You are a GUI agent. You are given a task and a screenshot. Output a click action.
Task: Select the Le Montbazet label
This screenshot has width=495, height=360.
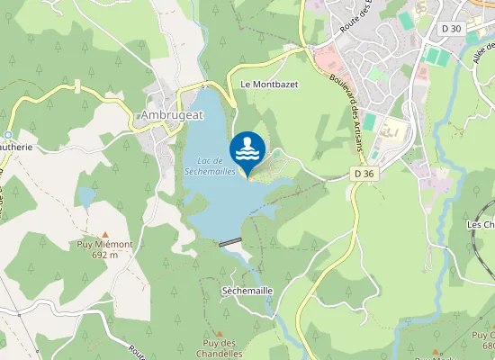coord(269,84)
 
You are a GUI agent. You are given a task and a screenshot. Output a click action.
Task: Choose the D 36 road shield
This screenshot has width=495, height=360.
coord(363,173)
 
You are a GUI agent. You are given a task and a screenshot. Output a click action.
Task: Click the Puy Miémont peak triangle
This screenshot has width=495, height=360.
coord(104,233)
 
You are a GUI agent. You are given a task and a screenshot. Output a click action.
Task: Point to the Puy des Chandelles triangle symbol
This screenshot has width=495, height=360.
coord(219,333)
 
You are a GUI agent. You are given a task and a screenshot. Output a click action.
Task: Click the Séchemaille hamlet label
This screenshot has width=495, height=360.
coord(247,291)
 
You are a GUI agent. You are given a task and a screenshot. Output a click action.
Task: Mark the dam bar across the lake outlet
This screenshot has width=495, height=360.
coord(230,241)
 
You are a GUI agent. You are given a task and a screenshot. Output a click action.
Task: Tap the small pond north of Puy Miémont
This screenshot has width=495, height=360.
coord(86,197)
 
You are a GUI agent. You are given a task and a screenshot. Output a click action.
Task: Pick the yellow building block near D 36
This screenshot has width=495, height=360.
coord(391,132)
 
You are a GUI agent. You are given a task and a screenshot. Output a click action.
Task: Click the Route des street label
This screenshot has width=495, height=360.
coord(356,19)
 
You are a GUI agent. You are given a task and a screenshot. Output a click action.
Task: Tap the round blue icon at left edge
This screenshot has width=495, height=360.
coord(5,133)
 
